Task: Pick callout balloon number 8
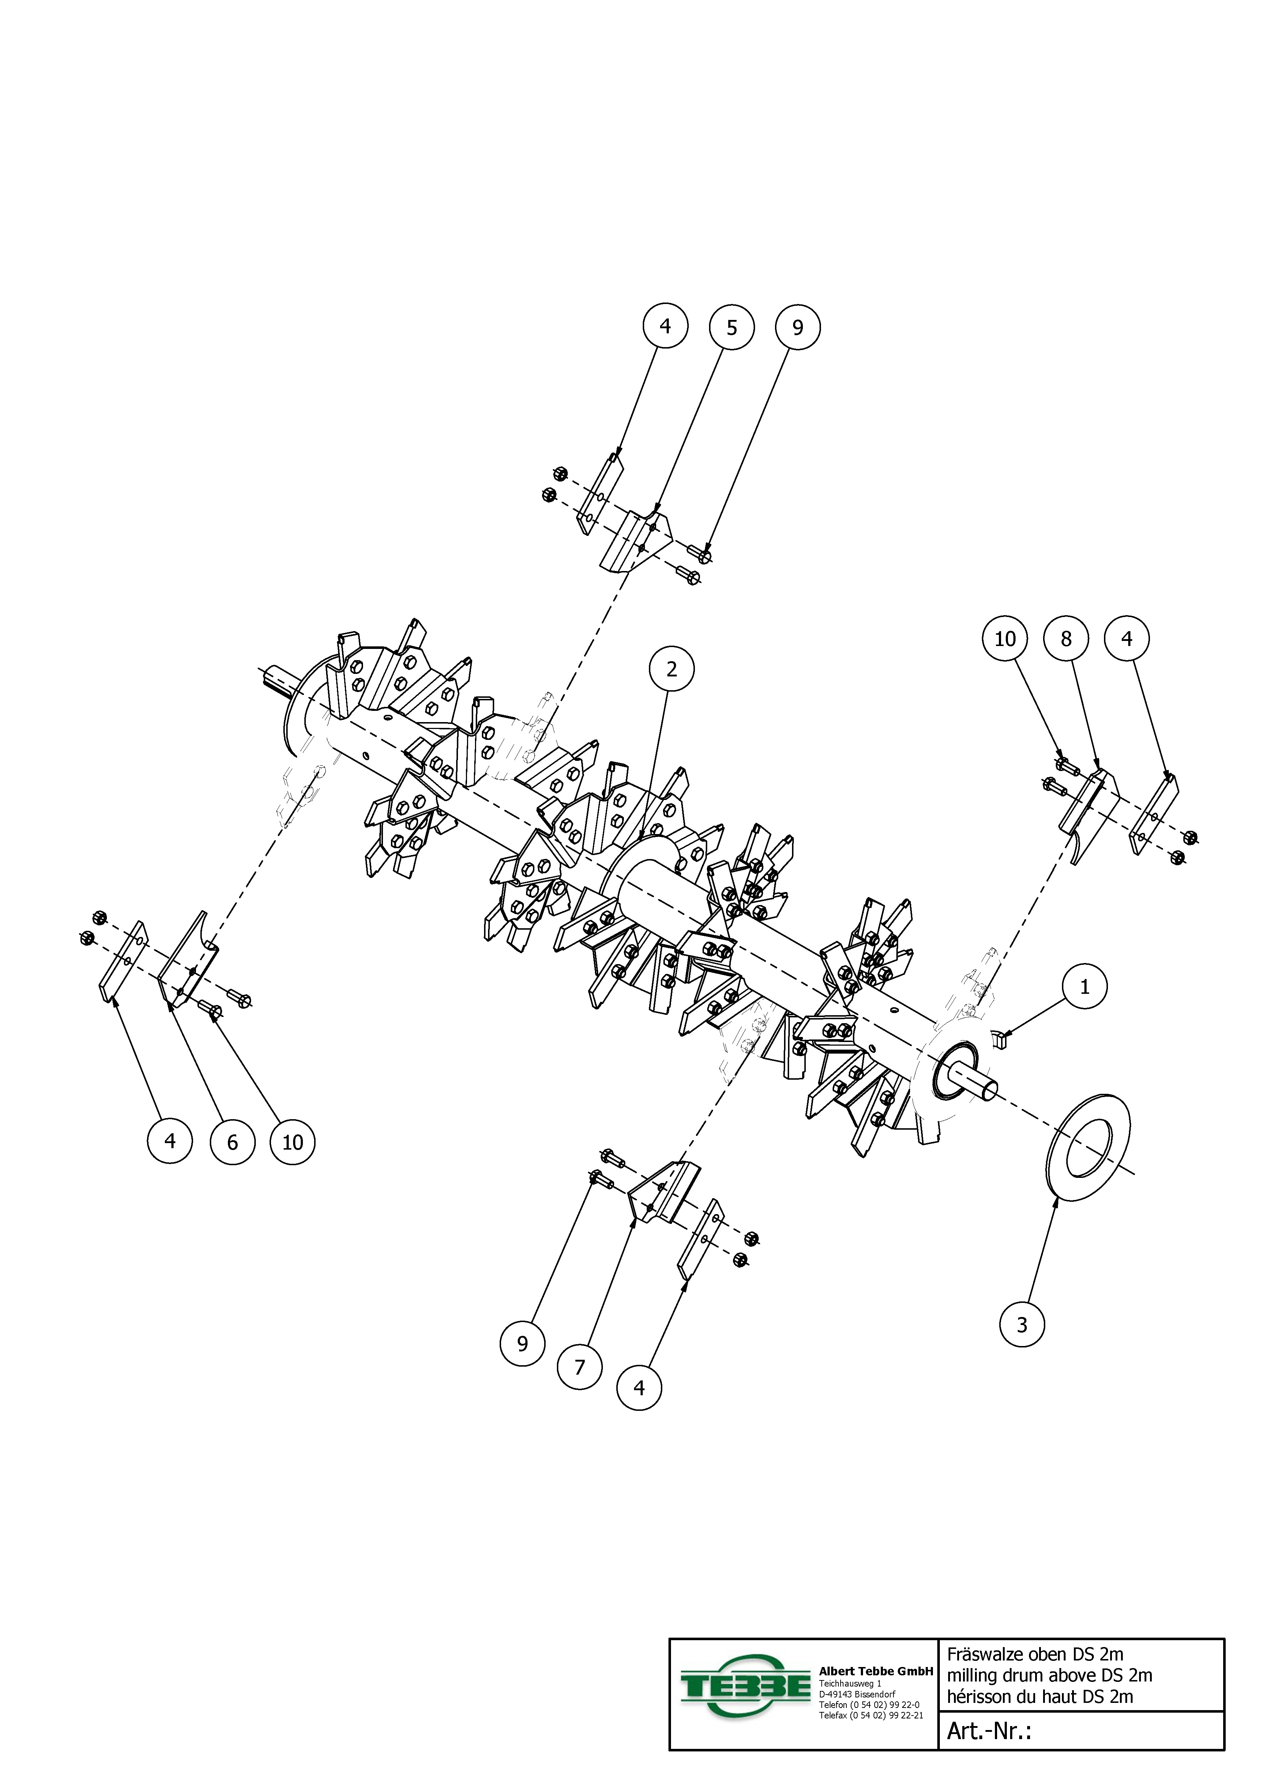(1066, 638)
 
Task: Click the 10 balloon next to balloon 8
(1005, 638)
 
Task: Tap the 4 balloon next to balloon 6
(170, 1141)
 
